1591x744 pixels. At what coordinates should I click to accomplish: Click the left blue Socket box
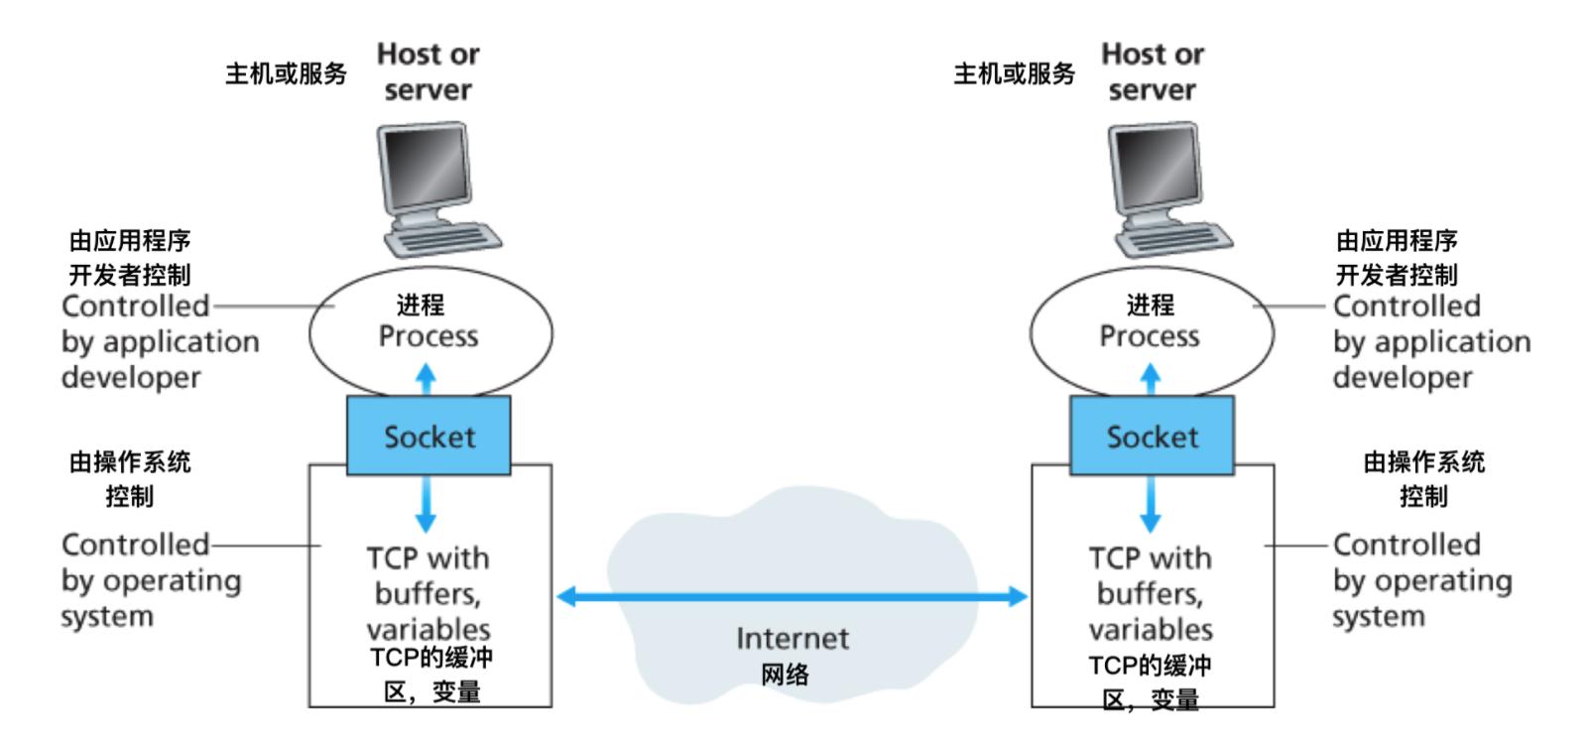pyautogui.click(x=428, y=435)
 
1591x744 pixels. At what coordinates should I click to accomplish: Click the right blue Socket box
pyautogui.click(x=1152, y=435)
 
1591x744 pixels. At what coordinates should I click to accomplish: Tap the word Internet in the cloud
pyautogui.click(x=792, y=638)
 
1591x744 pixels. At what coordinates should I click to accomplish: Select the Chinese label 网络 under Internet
pyautogui.click(x=786, y=675)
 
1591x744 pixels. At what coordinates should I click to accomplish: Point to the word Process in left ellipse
pyautogui.click(x=428, y=336)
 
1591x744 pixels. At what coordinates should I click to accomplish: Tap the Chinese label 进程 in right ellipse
pyautogui.click(x=1150, y=305)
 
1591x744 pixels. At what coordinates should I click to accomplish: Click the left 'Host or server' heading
pyautogui.click(x=428, y=71)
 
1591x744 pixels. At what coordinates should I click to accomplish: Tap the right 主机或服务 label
pyautogui.click(x=1014, y=73)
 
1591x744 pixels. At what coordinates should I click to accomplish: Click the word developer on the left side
pyautogui.click(x=131, y=377)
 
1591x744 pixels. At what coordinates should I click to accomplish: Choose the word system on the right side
pyautogui.click(x=1378, y=616)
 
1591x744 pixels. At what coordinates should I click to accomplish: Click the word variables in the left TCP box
pyautogui.click(x=428, y=629)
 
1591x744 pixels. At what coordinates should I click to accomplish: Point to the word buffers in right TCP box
pyautogui.click(x=1150, y=593)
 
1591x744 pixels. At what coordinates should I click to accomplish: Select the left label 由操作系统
pyautogui.click(x=130, y=461)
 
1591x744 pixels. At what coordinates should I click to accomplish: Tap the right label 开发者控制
pyautogui.click(x=1396, y=274)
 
